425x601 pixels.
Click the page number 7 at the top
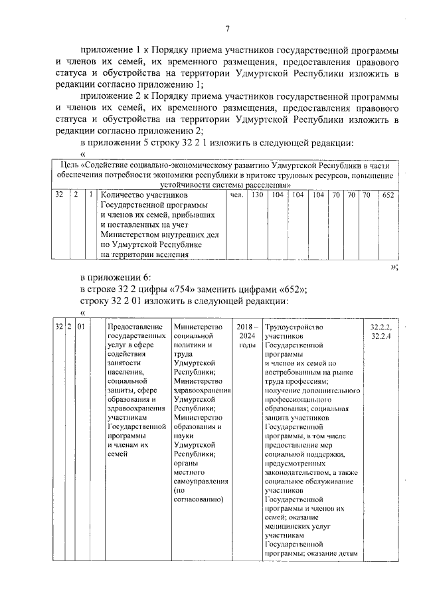[x=227, y=29]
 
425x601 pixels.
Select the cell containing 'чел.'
[x=236, y=197]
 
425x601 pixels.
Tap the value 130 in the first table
[x=257, y=197]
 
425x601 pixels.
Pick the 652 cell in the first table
[x=388, y=197]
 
